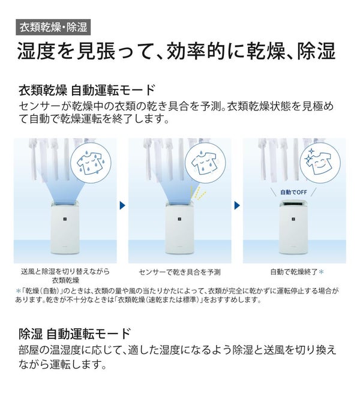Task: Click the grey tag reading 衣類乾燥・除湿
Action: pyautogui.click(x=53, y=27)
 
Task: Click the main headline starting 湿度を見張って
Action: pyautogui.click(x=176, y=51)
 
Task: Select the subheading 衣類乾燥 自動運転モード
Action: pyautogui.click(x=86, y=91)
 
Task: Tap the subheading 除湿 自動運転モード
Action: pyautogui.click(x=75, y=334)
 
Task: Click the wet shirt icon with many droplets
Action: pyautogui.click(x=91, y=163)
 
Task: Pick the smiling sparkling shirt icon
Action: pyautogui.click(x=320, y=163)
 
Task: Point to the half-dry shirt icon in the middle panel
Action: pyautogui.click(x=205, y=163)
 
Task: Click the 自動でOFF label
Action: pyautogui.click(x=293, y=192)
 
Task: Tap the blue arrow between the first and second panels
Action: pyautogui.click(x=122, y=205)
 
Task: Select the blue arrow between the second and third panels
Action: pyautogui.click(x=237, y=205)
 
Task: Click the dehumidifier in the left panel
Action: pyautogui.click(x=65, y=227)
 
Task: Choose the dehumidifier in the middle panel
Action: pyautogui.click(x=180, y=227)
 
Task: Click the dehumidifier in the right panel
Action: pyautogui.click(x=295, y=227)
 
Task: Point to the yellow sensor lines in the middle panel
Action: pyautogui.click(x=198, y=192)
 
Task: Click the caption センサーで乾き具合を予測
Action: pyautogui.click(x=179, y=272)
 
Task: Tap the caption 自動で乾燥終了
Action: pyautogui.click(x=294, y=272)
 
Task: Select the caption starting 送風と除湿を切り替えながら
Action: pyautogui.click(x=65, y=276)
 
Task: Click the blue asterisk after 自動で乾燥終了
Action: pyautogui.click(x=321, y=272)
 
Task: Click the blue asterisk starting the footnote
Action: pyautogui.click(x=18, y=291)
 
